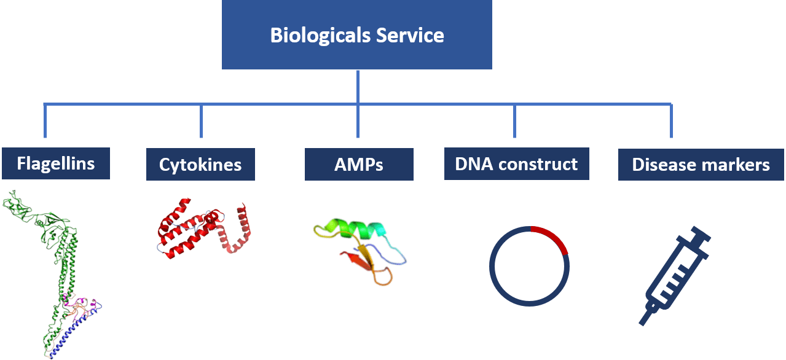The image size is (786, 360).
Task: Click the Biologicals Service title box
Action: tap(356, 34)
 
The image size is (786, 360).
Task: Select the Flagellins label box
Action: tap(56, 163)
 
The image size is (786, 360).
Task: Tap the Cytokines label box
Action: tap(200, 165)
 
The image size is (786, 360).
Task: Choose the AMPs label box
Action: tap(359, 165)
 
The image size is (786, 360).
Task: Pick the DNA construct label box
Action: tap(516, 164)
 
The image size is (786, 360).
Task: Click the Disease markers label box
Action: tap(701, 165)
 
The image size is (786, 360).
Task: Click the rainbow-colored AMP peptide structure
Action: tap(360, 252)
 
